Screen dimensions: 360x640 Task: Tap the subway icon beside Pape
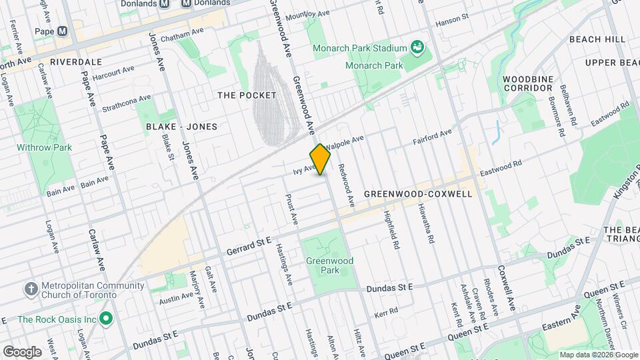[63, 31]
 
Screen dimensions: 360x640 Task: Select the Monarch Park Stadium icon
[418, 48]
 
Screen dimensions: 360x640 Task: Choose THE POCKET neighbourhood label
[247, 95]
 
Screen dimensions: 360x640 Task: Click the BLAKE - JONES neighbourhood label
[181, 126]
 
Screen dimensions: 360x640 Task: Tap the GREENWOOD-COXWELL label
[418, 194]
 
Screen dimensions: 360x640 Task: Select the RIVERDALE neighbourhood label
[75, 61]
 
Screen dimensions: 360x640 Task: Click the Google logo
[22, 351]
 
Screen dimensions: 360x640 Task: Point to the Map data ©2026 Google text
[598, 355]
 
